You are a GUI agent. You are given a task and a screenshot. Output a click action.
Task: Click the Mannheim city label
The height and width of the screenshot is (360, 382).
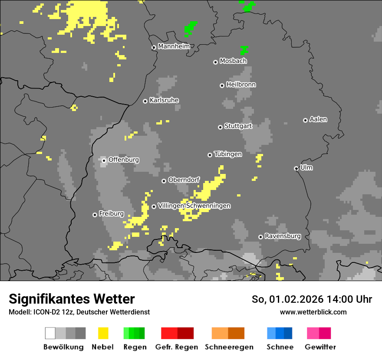tap(174, 46)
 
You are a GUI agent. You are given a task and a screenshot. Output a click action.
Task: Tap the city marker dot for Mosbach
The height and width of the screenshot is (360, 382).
tap(215, 62)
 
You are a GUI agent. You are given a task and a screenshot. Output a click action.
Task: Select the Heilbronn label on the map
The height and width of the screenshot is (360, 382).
tap(241, 85)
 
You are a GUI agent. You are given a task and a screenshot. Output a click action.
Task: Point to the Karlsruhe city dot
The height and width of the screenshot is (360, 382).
tap(145, 101)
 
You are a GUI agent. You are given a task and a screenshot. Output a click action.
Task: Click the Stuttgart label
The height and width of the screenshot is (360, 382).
tap(238, 126)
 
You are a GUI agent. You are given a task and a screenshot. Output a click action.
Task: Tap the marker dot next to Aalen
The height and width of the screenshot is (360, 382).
tap(305, 120)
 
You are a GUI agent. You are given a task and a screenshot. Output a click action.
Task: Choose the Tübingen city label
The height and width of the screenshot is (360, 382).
tap(228, 154)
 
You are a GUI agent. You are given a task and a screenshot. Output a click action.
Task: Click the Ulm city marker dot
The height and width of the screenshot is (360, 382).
tap(296, 168)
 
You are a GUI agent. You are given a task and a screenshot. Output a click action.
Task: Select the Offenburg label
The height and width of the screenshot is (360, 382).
tap(124, 160)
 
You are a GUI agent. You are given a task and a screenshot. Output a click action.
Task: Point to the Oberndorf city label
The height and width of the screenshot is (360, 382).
tap(184, 180)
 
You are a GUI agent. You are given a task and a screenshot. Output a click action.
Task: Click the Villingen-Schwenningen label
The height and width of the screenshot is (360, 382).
tap(194, 206)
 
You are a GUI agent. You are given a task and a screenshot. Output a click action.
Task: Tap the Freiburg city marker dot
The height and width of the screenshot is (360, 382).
tap(95, 215)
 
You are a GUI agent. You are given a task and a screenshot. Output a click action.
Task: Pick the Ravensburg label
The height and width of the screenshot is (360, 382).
tap(283, 236)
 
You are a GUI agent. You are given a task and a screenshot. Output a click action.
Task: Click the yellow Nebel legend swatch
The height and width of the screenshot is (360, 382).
tap(103, 333)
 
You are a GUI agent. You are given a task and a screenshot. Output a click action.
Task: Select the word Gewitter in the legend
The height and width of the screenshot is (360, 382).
tap(320, 347)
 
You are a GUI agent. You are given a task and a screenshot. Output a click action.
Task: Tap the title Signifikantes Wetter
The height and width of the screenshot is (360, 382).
tap(72, 299)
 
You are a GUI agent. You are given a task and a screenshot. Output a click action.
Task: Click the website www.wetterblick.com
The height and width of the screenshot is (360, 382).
tap(313, 312)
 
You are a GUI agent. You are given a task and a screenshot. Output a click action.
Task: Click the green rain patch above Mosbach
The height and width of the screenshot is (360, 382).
tap(244, 50)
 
